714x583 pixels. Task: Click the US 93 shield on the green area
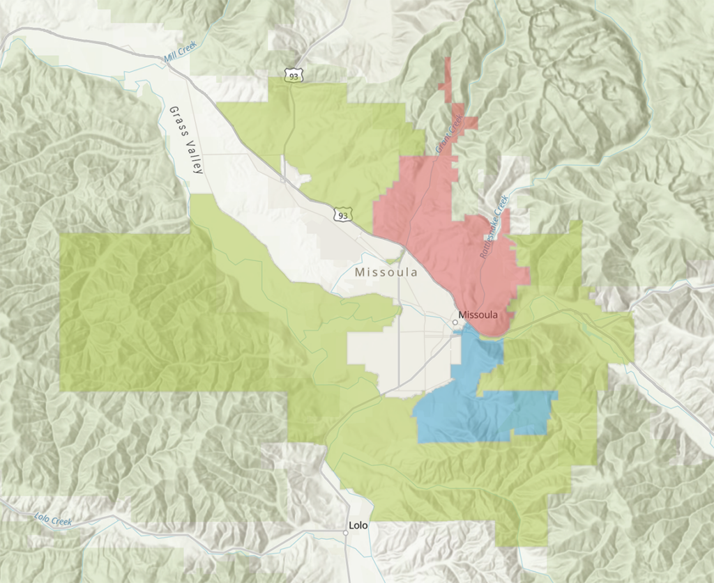pyautogui.click(x=294, y=74)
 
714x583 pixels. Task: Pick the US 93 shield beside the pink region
pyautogui.click(x=342, y=215)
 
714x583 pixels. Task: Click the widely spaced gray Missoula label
pyautogui.click(x=386, y=272)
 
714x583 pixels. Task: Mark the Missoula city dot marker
pyautogui.click(x=454, y=322)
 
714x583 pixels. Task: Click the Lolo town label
pyautogui.click(x=358, y=526)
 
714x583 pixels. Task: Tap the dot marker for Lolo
pyautogui.click(x=345, y=533)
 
